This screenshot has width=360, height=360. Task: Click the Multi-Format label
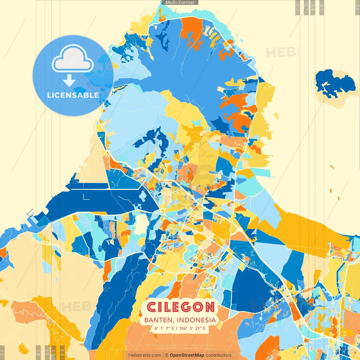[180, 3]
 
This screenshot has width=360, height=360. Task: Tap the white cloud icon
[73, 59]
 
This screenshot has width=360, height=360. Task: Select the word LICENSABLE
[73, 95]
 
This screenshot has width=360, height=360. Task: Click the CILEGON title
[181, 307]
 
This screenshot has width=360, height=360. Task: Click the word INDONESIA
[196, 320]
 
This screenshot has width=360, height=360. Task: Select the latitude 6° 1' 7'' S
[164, 328]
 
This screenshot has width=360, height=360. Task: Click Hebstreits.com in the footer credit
[145, 355]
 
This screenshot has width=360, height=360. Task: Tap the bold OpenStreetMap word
[187, 355]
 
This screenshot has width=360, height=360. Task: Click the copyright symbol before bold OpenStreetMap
[167, 355]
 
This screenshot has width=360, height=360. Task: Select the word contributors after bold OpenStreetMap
[219, 355]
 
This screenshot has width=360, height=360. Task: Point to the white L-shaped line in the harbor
[85, 197]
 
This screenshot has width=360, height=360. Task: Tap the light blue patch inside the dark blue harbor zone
[143, 195]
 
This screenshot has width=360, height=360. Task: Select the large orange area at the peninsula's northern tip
[192, 30]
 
